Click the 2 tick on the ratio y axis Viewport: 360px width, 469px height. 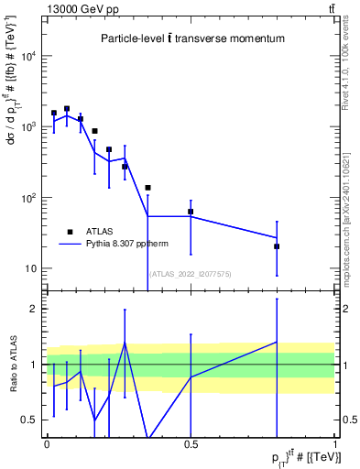tap(38, 309)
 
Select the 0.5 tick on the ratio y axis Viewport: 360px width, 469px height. tap(34, 420)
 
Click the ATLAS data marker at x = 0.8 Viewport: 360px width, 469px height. tap(277, 246)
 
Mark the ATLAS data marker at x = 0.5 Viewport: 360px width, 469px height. tap(191, 212)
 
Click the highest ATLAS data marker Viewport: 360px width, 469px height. tap(67, 108)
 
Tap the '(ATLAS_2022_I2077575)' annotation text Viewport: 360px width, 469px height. tap(191, 273)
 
